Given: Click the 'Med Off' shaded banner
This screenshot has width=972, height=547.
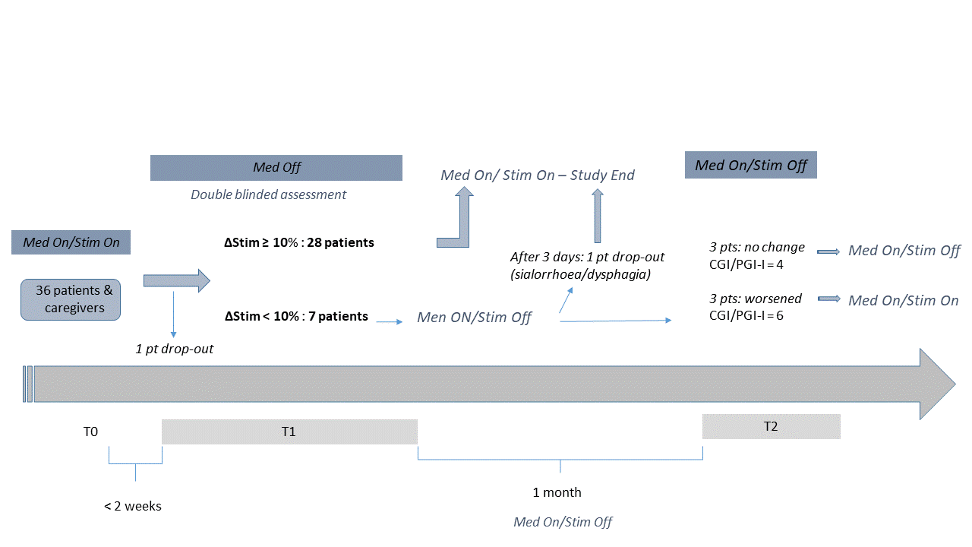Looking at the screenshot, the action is pyautogui.click(x=276, y=168).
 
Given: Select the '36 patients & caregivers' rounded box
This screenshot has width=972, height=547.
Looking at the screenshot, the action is pyautogui.click(x=71, y=299).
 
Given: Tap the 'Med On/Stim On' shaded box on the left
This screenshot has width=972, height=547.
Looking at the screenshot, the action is pyautogui.click(x=71, y=242).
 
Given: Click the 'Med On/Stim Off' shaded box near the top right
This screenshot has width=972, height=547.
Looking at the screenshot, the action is pyautogui.click(x=751, y=165).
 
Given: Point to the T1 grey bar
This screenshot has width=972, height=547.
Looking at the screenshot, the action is pyautogui.click(x=289, y=432).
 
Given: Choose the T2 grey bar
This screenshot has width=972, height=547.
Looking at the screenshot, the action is pyautogui.click(x=771, y=426).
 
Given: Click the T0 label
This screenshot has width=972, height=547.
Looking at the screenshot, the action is pyautogui.click(x=90, y=432).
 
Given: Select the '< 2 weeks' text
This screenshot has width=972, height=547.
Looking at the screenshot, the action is pyautogui.click(x=133, y=506).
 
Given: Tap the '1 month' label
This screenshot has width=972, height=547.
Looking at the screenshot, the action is pyautogui.click(x=557, y=492).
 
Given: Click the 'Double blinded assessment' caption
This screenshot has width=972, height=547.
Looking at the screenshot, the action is pyautogui.click(x=269, y=194).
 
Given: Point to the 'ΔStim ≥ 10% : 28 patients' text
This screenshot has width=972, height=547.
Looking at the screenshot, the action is pyautogui.click(x=299, y=242).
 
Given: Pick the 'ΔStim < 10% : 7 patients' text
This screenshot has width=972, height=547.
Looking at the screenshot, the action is pyautogui.click(x=296, y=316).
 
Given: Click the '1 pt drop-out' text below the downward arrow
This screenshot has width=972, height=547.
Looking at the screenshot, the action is pyautogui.click(x=175, y=349).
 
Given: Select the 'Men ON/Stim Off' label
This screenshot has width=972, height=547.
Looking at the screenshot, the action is pyautogui.click(x=475, y=318).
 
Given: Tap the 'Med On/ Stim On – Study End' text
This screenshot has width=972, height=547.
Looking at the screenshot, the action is pyautogui.click(x=537, y=175).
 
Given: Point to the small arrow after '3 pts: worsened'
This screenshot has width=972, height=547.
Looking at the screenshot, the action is pyautogui.click(x=828, y=299).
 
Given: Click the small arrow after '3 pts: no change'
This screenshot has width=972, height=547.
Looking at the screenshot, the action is pyautogui.click(x=828, y=251).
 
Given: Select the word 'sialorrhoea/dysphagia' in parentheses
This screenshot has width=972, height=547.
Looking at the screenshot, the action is pyautogui.click(x=581, y=274).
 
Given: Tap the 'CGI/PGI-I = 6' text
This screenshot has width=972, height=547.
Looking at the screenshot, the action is pyautogui.click(x=746, y=315).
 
